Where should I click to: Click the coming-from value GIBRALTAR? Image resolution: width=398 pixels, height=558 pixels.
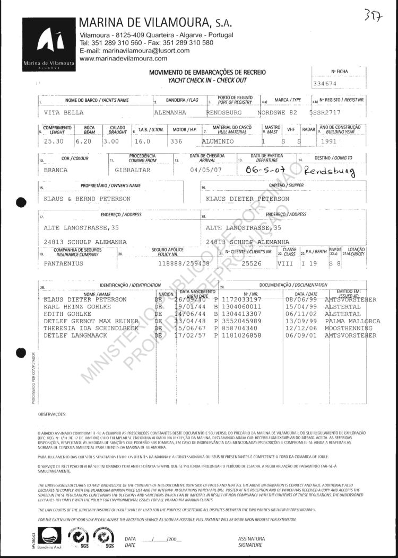(x=133, y=170)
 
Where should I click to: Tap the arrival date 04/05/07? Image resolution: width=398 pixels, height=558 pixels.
(x=203, y=170)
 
